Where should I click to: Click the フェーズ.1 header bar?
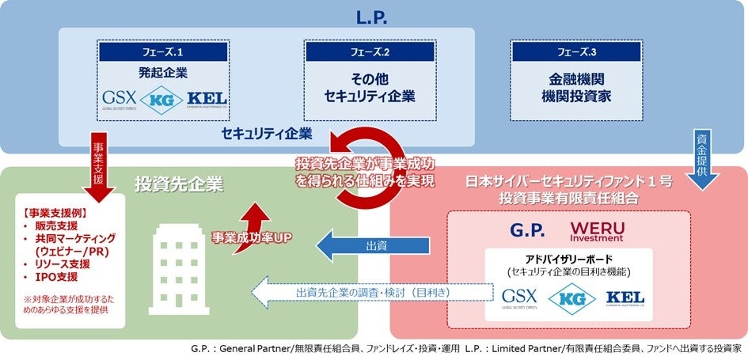(164, 51)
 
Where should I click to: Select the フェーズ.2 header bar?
(369, 51)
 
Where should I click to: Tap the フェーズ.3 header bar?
(576, 51)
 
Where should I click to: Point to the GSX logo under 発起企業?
(120, 99)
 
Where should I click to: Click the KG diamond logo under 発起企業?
(163, 100)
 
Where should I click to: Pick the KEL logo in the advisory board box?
(625, 298)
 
